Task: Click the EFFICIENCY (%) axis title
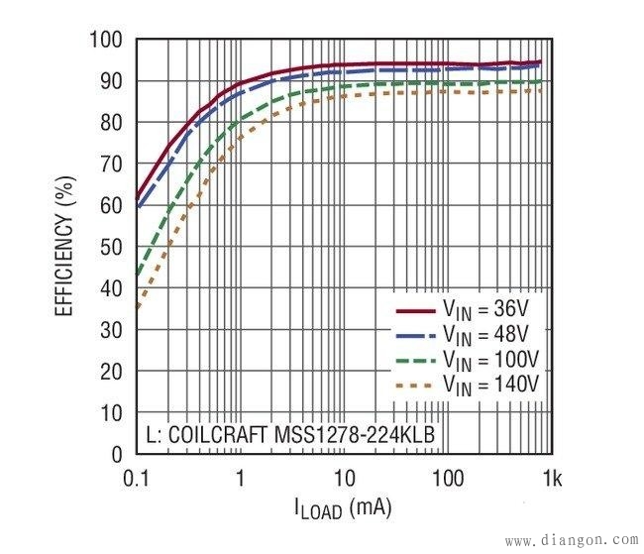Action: click(64, 247)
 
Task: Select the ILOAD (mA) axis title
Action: click(343, 509)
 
